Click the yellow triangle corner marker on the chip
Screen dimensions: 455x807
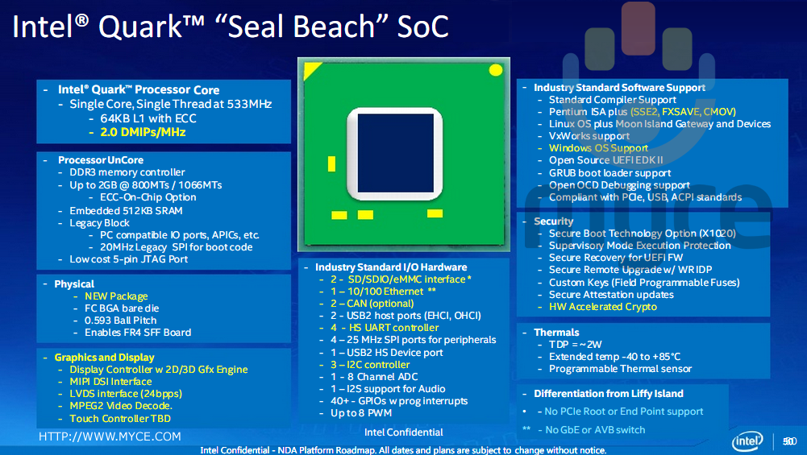310,68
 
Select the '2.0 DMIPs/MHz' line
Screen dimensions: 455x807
143,131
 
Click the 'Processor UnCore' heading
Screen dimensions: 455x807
94,160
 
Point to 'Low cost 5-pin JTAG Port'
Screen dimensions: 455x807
129,259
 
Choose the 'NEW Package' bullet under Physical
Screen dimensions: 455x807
116,296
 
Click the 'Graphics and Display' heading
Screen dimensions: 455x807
104,357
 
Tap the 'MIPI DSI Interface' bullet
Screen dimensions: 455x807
110,382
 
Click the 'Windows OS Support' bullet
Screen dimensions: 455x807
598,148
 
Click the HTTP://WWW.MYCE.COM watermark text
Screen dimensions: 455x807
110,436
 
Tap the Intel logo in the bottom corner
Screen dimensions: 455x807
747,441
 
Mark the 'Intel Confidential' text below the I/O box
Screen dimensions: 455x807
403,432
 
